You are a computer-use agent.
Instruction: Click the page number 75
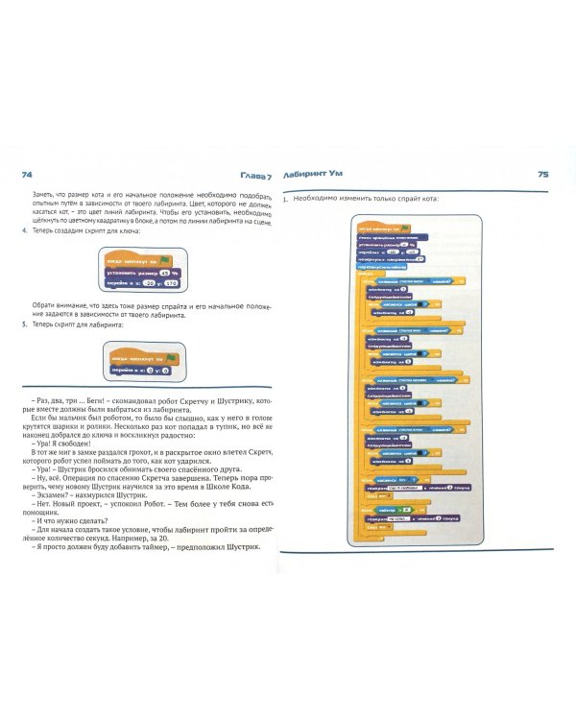click(542, 175)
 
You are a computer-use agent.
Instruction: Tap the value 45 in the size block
click(154, 272)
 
